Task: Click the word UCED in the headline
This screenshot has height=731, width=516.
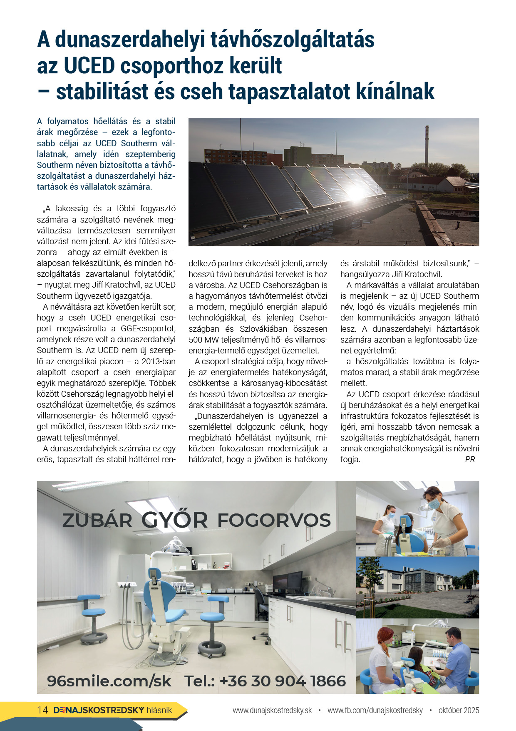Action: (89, 66)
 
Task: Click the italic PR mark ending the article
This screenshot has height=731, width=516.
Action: (470, 460)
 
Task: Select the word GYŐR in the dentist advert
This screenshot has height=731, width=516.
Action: (174, 520)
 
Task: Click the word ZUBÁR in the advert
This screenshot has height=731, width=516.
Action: (97, 520)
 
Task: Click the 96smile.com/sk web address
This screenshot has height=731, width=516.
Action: (109, 681)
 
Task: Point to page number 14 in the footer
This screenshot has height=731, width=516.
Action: (42, 710)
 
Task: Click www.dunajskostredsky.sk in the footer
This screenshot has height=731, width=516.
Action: (272, 710)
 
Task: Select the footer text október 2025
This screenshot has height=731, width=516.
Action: (459, 710)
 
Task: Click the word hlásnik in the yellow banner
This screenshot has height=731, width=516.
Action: (159, 710)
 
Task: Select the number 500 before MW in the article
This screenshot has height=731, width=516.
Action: (196, 340)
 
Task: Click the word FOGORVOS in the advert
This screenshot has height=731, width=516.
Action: (274, 520)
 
